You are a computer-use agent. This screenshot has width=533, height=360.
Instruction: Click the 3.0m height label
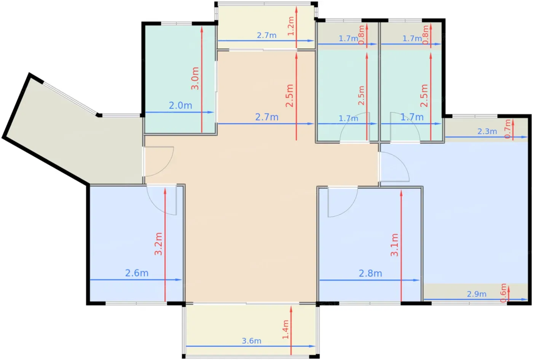195,78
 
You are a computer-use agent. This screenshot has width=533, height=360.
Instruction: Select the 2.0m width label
180,105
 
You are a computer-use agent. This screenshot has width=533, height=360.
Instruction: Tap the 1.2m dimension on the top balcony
291,26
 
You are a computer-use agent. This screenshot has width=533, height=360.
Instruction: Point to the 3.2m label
158,244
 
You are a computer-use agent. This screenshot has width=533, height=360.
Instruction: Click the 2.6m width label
137,273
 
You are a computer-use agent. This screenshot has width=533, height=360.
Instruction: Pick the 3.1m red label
394,245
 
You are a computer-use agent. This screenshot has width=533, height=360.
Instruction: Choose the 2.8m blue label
370,274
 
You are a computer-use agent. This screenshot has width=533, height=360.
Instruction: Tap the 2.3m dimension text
487,131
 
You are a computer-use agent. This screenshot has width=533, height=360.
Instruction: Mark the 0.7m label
507,129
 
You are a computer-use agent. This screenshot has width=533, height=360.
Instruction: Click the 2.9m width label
476,294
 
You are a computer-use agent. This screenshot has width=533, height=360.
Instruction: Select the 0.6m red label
503,293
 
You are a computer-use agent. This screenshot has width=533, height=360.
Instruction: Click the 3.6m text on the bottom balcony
252,341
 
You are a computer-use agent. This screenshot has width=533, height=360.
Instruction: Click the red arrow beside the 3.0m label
202,79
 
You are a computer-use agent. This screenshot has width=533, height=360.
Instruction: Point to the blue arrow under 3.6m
251,346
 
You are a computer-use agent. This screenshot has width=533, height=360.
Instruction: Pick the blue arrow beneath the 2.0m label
180,112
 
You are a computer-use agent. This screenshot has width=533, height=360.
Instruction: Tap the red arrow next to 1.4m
291,330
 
